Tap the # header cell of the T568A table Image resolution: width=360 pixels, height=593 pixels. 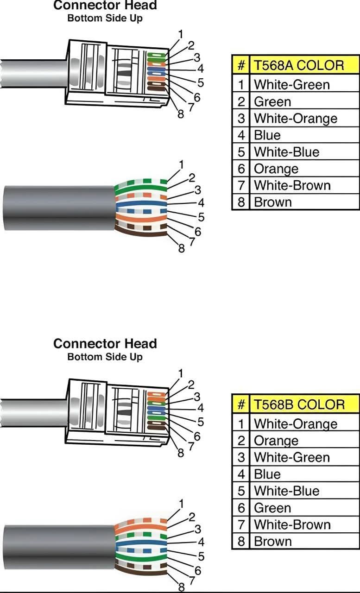coord(240,65)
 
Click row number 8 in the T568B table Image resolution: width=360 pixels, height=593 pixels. coord(240,541)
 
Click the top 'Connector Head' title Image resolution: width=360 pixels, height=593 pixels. coord(105,6)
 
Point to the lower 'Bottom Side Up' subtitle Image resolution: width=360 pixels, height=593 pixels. coord(105,357)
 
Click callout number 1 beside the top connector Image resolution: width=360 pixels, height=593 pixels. coord(180,34)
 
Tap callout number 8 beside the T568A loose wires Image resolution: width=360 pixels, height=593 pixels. coord(182,249)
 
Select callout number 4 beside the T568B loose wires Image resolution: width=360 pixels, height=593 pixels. coord(201,542)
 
